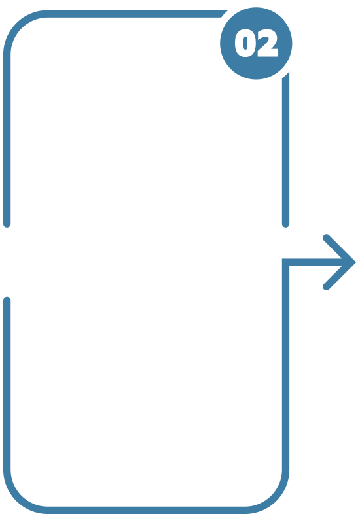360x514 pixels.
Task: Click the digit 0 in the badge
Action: pyautogui.click(x=245, y=43)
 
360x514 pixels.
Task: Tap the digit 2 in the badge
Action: pyautogui.click(x=268, y=43)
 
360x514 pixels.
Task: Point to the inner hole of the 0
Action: pyautogui.click(x=245, y=43)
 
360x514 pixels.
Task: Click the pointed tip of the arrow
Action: pyautogui.click(x=355, y=262)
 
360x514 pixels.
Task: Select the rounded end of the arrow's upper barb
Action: pyautogui.click(x=326, y=237)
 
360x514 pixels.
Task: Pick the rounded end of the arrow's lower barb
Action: pyautogui.click(x=326, y=287)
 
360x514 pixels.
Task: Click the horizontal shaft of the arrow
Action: pyautogui.click(x=315, y=262)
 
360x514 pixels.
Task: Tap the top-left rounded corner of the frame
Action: pyautogui.click(x=19, y=26)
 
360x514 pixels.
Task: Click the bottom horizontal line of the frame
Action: pyautogui.click(x=147, y=510)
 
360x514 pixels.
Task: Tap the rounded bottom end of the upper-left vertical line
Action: pyautogui.click(x=7, y=224)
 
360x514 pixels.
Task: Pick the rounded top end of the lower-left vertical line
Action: pyautogui.click(x=7, y=300)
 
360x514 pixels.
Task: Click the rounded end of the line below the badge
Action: pyautogui.click(x=286, y=224)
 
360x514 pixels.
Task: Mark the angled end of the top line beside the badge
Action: pyautogui.click(x=225, y=14)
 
